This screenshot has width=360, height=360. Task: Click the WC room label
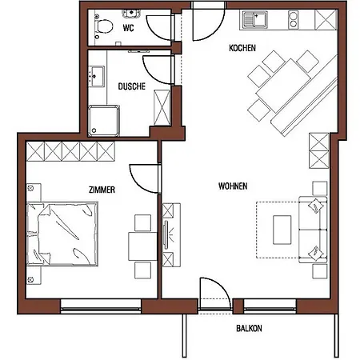[x=127, y=28]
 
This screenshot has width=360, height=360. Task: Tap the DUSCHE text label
[x=131, y=86]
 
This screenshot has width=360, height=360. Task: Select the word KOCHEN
[x=242, y=49]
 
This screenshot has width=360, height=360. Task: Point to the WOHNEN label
[x=232, y=186]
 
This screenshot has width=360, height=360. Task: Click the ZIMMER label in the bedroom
[x=104, y=190]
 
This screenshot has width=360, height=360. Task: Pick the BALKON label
[x=249, y=329]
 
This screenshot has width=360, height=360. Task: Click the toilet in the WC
[x=100, y=27]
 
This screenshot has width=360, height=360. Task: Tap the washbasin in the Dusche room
[x=98, y=78]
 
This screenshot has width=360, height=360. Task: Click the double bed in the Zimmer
[x=63, y=233]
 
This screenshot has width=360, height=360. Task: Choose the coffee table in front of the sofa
[x=282, y=229]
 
